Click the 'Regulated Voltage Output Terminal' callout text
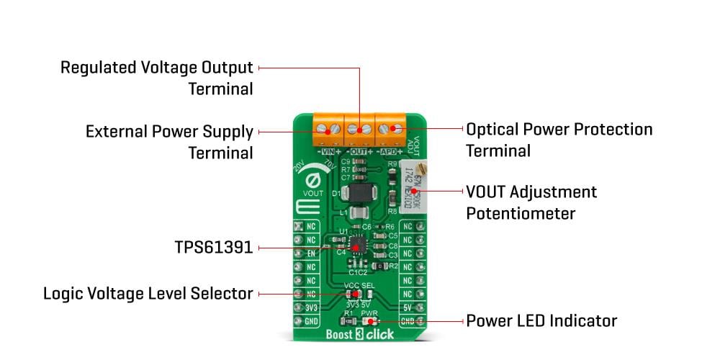tap(156, 78)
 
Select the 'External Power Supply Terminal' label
tap(169, 142)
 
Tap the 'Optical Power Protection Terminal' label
tap(559, 140)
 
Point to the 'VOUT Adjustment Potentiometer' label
tap(531, 202)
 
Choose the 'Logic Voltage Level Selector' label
tap(148, 294)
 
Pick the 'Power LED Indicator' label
tap(541, 320)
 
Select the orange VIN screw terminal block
tap(328, 129)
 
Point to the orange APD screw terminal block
tap(390, 129)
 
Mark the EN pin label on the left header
tap(311, 253)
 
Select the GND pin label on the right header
tap(407, 320)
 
